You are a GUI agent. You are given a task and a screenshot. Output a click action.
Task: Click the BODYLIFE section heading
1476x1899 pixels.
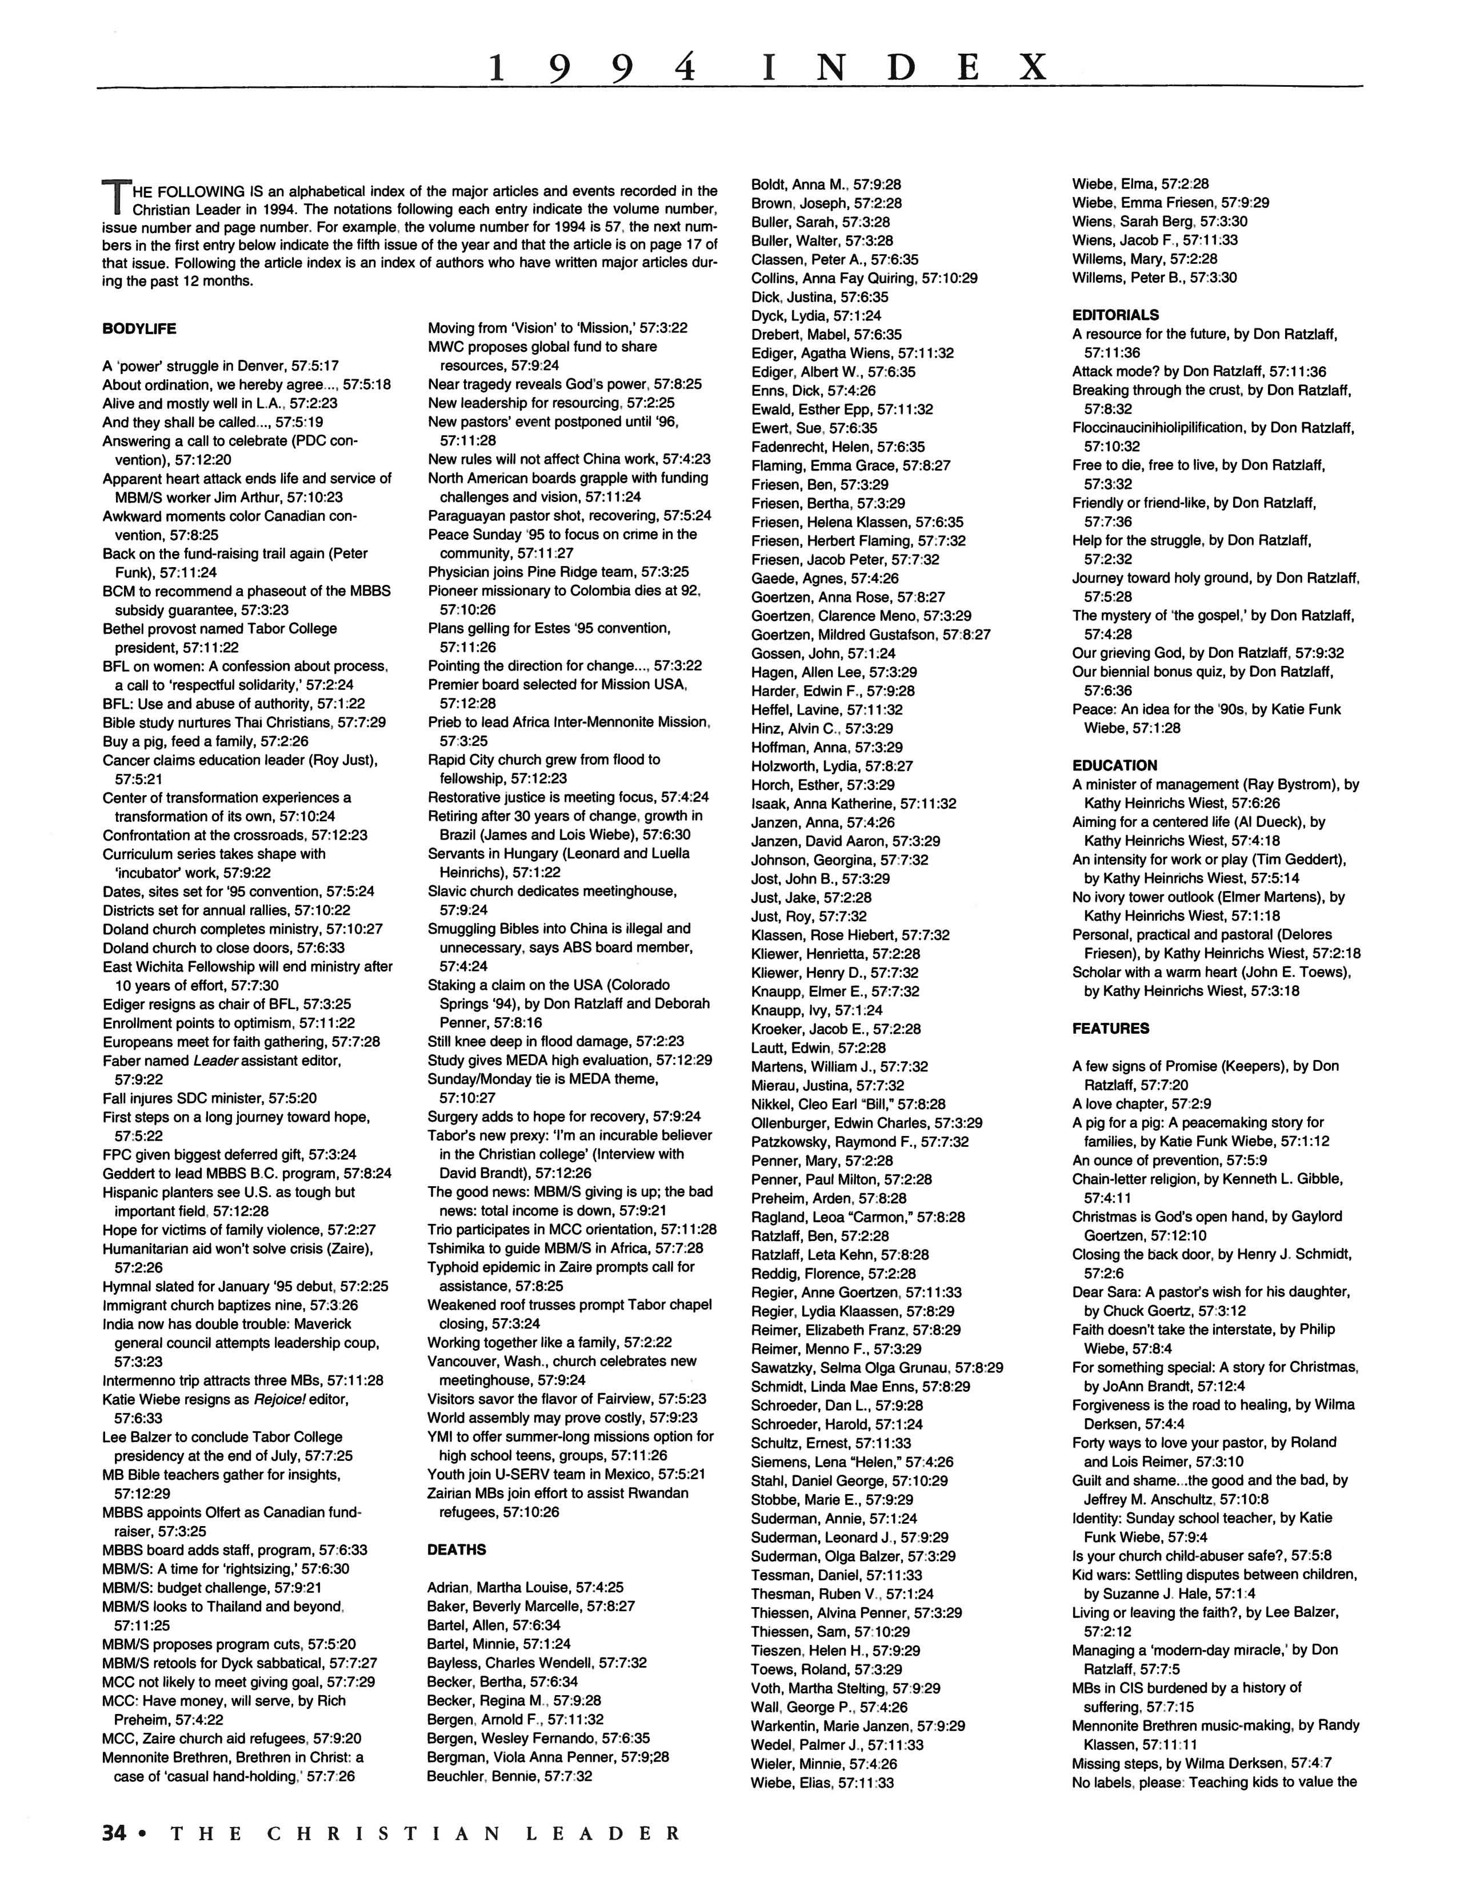point(139,328)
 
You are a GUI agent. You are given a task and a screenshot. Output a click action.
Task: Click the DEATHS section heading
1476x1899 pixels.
point(457,1549)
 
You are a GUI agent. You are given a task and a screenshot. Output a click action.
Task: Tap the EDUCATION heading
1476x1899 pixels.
point(1114,765)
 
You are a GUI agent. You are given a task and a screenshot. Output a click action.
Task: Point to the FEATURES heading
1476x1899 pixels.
point(1111,1028)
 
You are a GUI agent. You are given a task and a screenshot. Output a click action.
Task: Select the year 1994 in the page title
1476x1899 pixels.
point(593,67)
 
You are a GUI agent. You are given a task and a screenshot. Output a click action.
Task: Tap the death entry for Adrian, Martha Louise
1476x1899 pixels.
point(525,1587)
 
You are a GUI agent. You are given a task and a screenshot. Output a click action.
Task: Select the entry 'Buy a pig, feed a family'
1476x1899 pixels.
point(205,741)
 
